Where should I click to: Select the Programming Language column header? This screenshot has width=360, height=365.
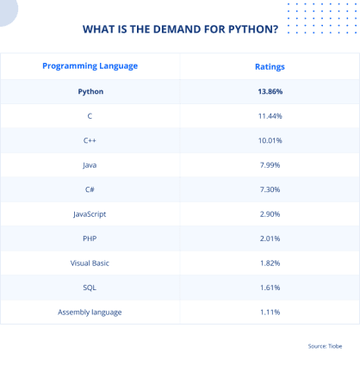(x=90, y=66)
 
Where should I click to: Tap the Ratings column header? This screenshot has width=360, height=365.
(x=270, y=66)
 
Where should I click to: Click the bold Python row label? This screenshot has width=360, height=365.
(x=90, y=90)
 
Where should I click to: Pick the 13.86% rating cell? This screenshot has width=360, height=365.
(x=270, y=90)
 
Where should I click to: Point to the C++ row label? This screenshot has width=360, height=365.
(x=90, y=139)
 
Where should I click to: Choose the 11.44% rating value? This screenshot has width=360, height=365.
(x=270, y=115)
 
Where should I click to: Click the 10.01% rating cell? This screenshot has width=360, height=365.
(x=270, y=139)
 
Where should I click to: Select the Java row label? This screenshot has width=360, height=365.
(x=90, y=164)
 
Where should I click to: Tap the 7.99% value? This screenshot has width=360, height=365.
(x=270, y=164)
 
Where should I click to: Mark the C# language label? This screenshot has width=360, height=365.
(x=90, y=189)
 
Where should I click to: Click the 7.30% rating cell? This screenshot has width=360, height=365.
(x=270, y=189)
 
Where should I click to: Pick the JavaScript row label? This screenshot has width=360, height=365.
(x=90, y=213)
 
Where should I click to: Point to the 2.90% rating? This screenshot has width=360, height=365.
(x=270, y=213)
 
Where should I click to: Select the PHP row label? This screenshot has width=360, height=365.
(x=90, y=238)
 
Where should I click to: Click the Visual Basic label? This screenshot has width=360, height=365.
(x=90, y=263)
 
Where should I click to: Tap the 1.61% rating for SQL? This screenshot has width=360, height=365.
(x=270, y=287)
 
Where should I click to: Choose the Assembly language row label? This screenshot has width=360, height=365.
(x=90, y=312)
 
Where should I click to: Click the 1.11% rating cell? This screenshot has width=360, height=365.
(x=270, y=312)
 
